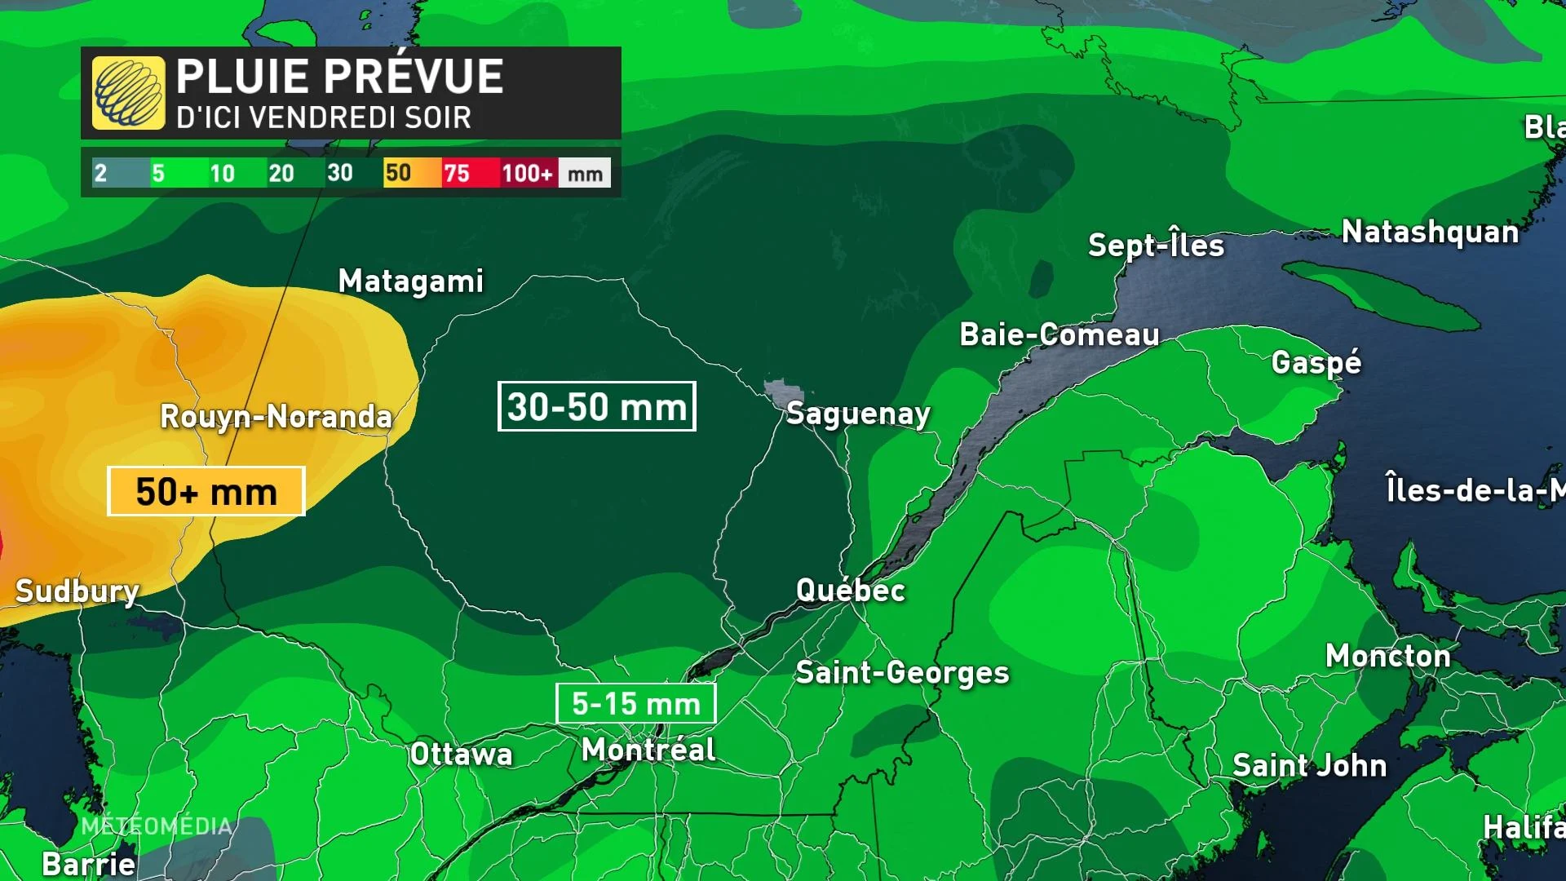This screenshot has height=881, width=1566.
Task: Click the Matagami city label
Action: [411, 281]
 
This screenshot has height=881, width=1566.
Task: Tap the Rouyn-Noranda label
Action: [276, 417]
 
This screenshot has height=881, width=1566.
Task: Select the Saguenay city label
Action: [858, 414]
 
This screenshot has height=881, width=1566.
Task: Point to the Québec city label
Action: [851, 590]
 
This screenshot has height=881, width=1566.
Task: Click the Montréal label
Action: [648, 750]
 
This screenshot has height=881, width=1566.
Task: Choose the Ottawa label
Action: [462, 754]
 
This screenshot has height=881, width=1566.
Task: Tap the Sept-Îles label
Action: [1157, 246]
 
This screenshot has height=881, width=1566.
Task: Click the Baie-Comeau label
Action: [1059, 334]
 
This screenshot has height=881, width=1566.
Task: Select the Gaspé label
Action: [1316, 362]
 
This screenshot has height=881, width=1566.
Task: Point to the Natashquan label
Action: [1431, 232]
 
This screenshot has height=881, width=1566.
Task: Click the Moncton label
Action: [1388, 656]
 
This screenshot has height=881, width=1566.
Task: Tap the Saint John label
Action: [1309, 765]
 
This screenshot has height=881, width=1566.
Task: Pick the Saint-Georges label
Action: [902, 673]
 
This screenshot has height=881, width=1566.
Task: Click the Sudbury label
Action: [77, 591]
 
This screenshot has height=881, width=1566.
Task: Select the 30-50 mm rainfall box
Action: [596, 406]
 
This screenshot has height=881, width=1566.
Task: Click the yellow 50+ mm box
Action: [206, 491]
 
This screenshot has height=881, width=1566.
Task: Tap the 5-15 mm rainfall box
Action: [635, 703]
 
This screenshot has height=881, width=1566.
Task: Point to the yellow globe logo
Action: [128, 93]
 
